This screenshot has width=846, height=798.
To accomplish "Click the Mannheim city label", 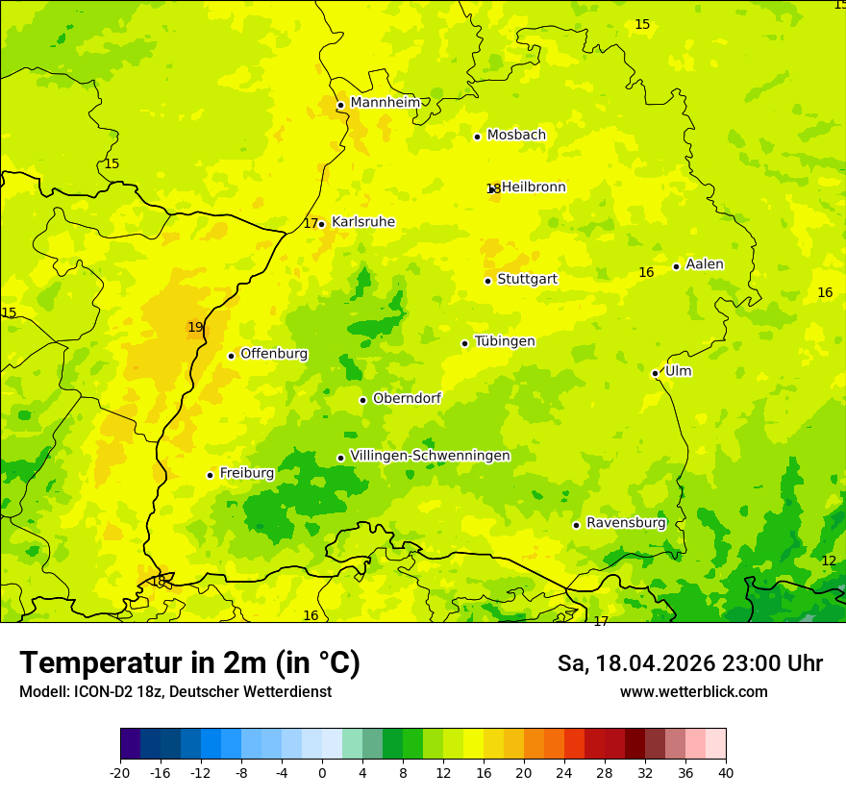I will pos(385,103).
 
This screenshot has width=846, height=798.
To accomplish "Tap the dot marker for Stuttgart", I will pos(487,281).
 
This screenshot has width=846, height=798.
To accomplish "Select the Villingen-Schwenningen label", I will pos(430,456).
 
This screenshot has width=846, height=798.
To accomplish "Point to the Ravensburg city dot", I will pos(576,525).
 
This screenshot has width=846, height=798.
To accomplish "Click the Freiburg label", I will pos(246,473).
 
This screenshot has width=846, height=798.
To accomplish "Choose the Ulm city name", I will pos(678,371).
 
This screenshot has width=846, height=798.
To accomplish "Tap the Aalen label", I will pos(704,264).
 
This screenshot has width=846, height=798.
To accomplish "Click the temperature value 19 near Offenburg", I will pos(195,327).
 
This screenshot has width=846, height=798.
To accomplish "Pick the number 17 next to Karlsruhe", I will pos(311,223).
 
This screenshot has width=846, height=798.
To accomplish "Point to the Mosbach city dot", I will pos(477,137).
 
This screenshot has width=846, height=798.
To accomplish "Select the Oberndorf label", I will pos(407,398).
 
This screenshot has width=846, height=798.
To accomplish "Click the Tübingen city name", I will pos(504,341).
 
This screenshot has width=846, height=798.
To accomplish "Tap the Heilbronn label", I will pos(534,187).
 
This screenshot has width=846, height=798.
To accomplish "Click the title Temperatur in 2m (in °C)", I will pos(189,662).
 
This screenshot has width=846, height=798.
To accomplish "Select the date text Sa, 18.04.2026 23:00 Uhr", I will pos(689,663).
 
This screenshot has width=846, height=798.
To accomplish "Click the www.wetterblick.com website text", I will pos(693,692).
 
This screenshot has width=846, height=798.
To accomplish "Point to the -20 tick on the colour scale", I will pos(120,772).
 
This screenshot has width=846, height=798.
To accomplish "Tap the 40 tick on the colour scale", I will pos(726,772).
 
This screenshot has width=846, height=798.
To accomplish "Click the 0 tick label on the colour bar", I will pos(322,772).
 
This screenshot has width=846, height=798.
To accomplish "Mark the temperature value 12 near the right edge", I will pos(829,561).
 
